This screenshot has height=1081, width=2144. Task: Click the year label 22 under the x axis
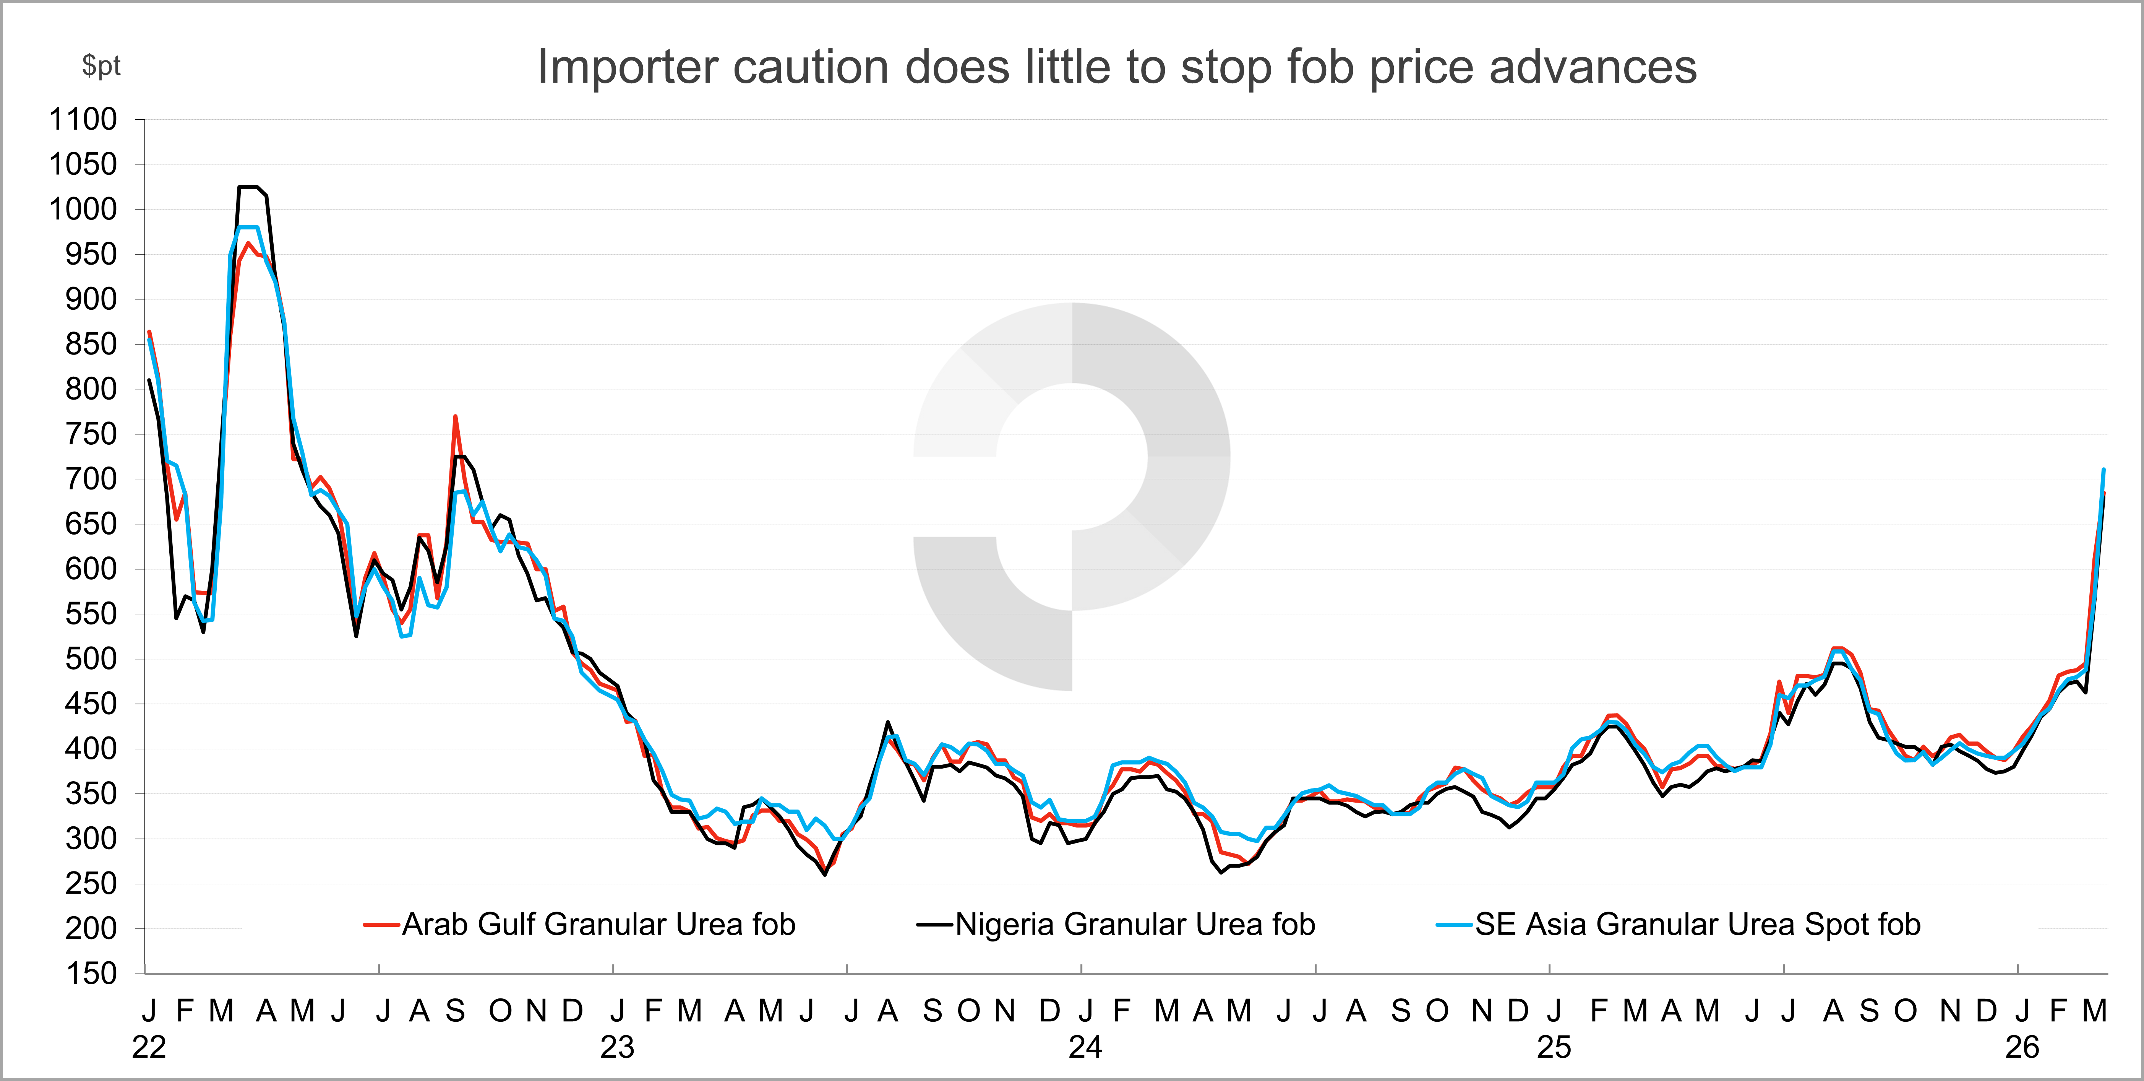point(149,1047)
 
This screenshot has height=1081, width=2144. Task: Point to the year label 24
point(1085,1047)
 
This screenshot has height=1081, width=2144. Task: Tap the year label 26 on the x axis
point(2022,1047)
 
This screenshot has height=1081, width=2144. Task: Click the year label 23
point(617,1047)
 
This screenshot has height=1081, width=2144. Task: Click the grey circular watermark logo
point(1072,496)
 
